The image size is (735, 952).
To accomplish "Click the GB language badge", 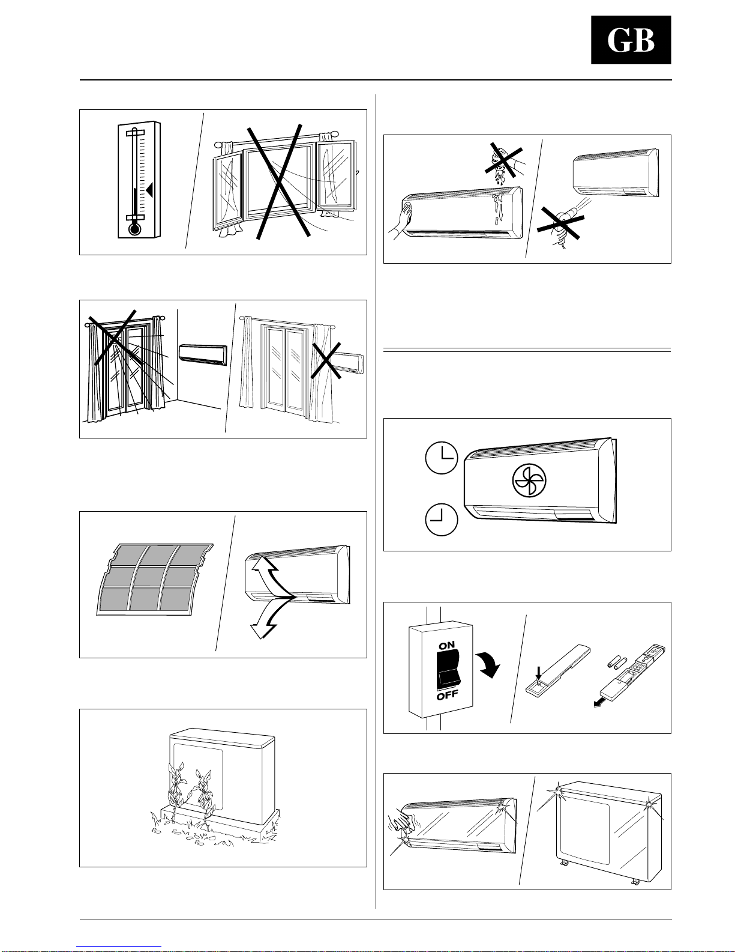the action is [631, 40].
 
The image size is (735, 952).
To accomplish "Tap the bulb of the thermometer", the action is [135, 229].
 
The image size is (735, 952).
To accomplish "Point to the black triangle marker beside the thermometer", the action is [149, 190].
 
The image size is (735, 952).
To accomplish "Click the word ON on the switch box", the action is [446, 645].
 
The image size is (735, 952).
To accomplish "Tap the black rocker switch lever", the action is [447, 670].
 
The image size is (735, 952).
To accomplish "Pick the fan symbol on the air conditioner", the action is [529, 481].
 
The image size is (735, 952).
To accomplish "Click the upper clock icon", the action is [442, 458].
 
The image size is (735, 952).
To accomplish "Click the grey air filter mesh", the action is [154, 579].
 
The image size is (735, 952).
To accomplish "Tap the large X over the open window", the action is [278, 182].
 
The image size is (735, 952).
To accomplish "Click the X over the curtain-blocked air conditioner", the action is [326, 360].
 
